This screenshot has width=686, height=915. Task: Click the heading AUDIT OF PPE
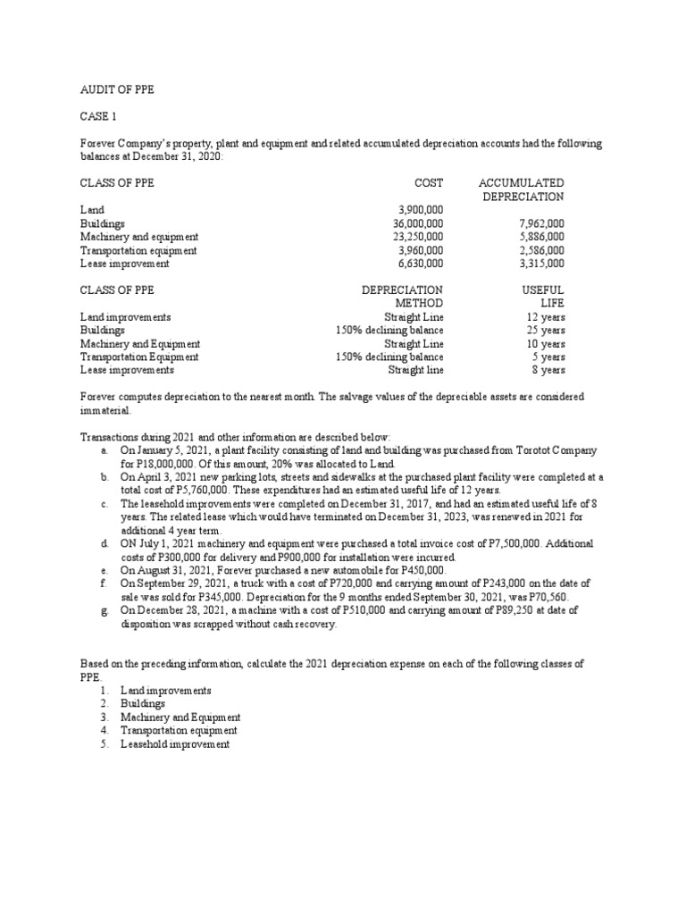[118, 90]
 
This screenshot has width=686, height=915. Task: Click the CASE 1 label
[97, 117]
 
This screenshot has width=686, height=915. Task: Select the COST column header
[428, 182]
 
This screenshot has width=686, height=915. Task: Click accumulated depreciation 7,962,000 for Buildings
[540, 223]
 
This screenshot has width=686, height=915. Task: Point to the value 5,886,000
[540, 237]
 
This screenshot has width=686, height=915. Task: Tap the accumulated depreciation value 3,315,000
[540, 264]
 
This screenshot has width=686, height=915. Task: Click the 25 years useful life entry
[546, 330]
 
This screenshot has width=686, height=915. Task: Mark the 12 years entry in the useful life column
[546, 316]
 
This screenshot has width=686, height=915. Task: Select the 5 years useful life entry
[548, 357]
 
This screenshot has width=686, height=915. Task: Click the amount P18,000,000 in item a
[163, 465]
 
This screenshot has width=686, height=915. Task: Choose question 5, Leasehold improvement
[174, 743]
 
